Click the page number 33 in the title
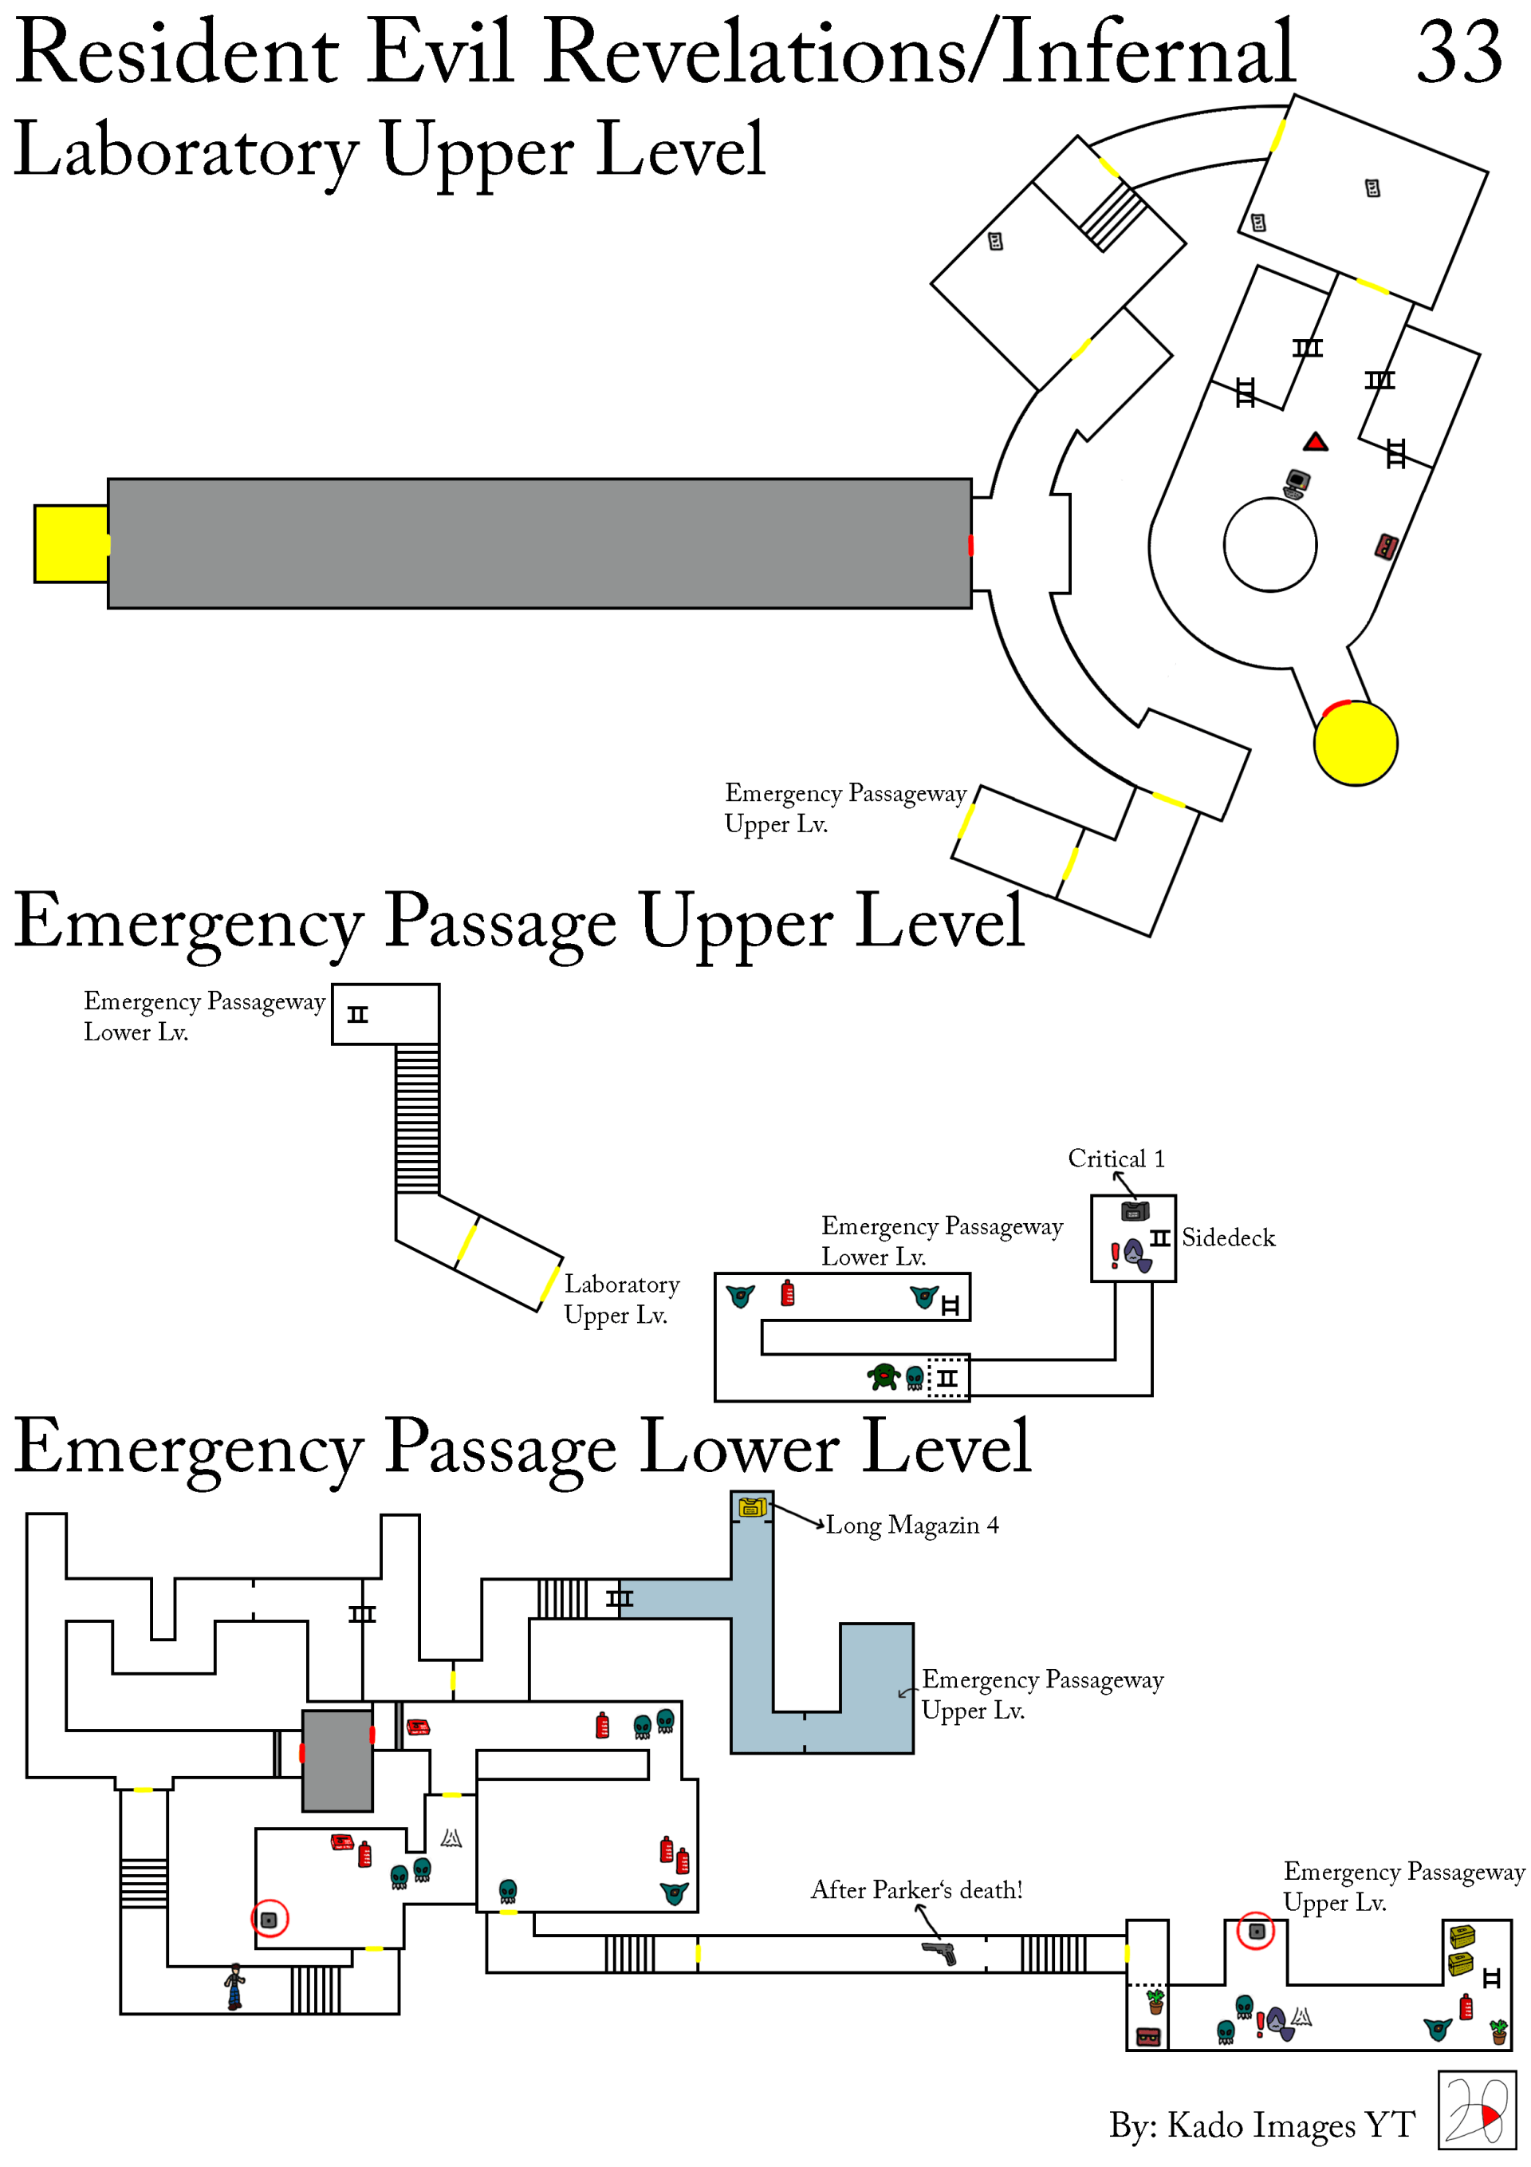(1458, 53)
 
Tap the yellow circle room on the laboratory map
(1355, 743)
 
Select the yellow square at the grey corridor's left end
(71, 543)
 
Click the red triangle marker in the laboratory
(1315, 442)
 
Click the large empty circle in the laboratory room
(1269, 545)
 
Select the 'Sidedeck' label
(1227, 1237)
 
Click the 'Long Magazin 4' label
(911, 1526)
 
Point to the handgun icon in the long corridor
(939, 1952)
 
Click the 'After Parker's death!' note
(916, 1889)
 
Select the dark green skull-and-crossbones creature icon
(883, 1377)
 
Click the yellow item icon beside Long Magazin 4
(751, 1507)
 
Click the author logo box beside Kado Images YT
(1476, 2110)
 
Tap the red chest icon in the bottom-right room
(1147, 2037)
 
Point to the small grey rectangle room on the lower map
(337, 1760)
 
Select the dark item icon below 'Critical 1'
(1134, 1211)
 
